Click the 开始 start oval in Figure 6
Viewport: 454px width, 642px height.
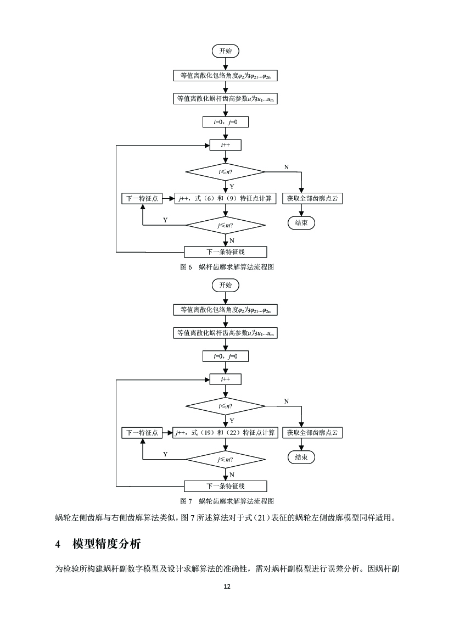[x=225, y=51]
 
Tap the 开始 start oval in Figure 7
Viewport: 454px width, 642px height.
[x=225, y=286]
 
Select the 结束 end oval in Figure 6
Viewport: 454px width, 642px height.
[x=301, y=223]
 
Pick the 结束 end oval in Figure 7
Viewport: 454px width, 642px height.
[x=301, y=457]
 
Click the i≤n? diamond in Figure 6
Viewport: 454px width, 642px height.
[x=225, y=172]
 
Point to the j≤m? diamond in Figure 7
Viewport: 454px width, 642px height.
[x=225, y=459]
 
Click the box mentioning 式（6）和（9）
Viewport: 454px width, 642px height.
[x=225, y=199]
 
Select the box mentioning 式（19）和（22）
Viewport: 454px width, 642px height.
[x=225, y=433]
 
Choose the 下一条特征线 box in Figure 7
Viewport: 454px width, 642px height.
[x=225, y=486]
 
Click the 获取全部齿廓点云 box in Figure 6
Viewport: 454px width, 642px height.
[x=312, y=199]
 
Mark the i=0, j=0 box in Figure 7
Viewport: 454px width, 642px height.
[x=225, y=356]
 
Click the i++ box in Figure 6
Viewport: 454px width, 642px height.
[x=225, y=146]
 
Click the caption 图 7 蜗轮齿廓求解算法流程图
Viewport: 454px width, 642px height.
[x=227, y=501]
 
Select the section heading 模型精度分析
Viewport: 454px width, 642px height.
[x=107, y=544]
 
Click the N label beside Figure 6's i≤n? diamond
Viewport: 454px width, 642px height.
[x=286, y=166]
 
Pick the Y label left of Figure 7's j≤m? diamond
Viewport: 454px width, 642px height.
[x=165, y=454]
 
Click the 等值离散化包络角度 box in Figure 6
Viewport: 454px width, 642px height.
[x=225, y=76]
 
